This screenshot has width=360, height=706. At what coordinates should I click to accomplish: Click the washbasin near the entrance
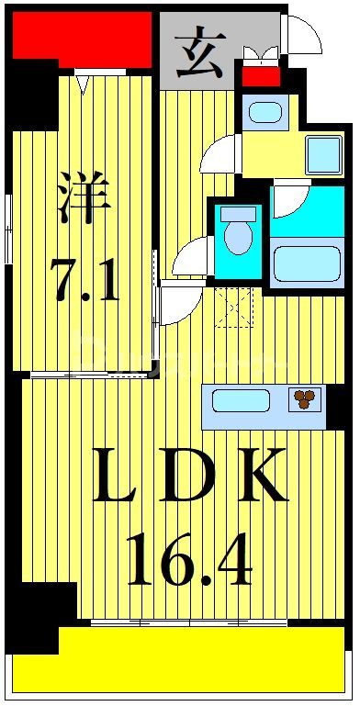pyautogui.click(x=265, y=113)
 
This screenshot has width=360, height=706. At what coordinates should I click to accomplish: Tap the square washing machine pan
pyautogui.click(x=323, y=154)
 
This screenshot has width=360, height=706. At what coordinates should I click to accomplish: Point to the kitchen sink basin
pyautogui.click(x=241, y=400)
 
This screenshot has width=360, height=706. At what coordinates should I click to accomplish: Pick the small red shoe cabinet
pyautogui.click(x=261, y=75)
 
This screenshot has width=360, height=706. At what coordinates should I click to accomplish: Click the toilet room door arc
pyautogui.click(x=191, y=258)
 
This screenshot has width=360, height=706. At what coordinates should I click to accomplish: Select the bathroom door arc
pyautogui.click(x=290, y=197)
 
